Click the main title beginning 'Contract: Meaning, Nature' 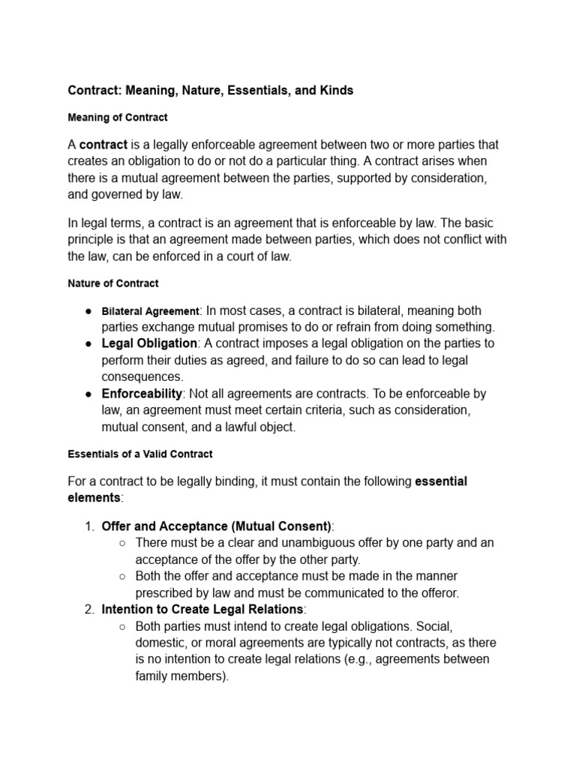tap(211, 90)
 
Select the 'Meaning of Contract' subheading tap(118, 118)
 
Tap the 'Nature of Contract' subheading tap(113, 284)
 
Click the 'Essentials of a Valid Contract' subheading tap(140, 454)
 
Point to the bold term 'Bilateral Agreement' tap(150, 311)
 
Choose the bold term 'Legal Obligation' tap(149, 343)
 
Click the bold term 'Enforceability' tap(142, 394)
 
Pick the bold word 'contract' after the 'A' tap(103, 144)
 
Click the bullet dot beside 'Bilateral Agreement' tap(88, 311)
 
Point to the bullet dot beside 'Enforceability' tap(88, 394)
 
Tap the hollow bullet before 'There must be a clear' tap(123, 543)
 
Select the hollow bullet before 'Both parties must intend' tap(123, 626)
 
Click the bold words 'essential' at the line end tap(441, 481)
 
